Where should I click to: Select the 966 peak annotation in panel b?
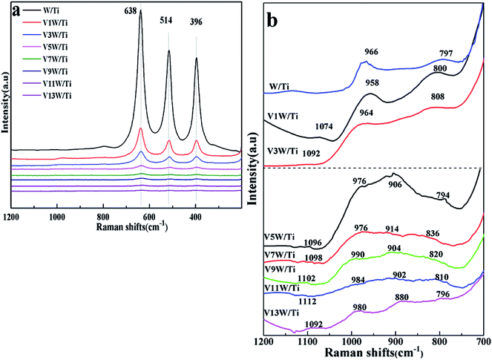click(372, 52)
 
